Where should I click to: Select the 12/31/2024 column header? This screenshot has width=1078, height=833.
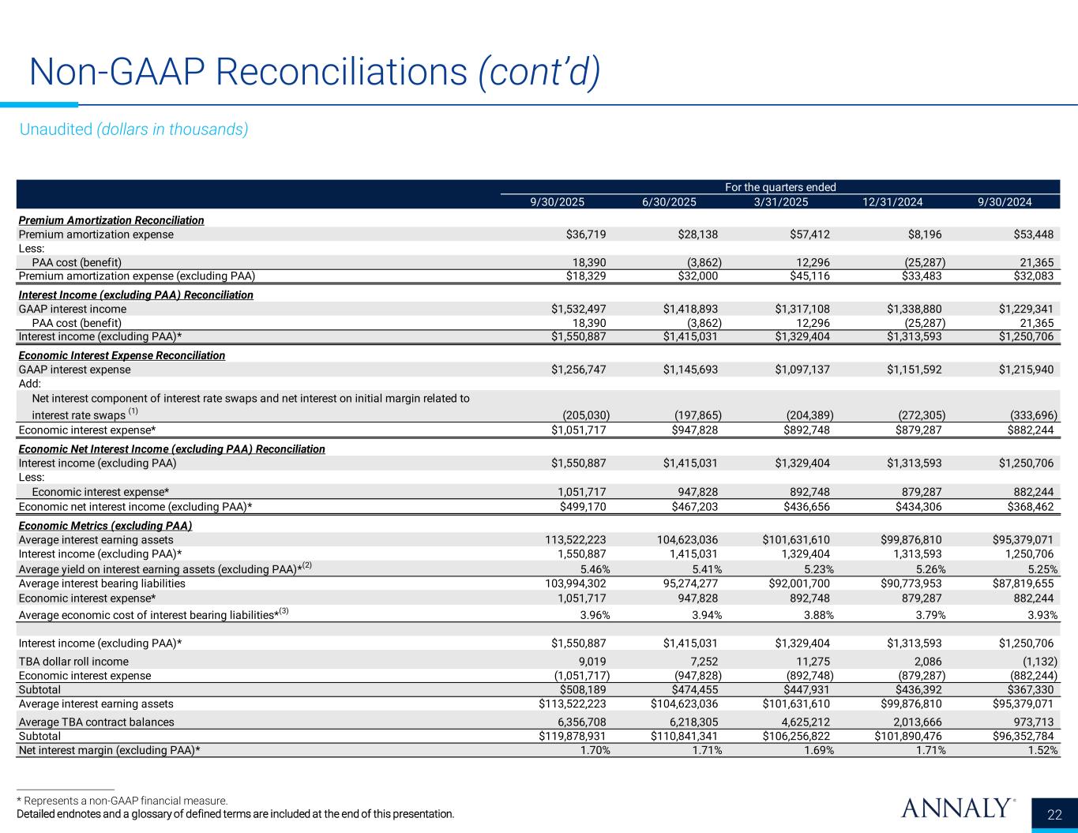point(892,202)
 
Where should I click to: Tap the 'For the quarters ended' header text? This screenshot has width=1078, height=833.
point(780,187)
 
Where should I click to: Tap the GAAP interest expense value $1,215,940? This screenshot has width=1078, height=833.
point(1025,370)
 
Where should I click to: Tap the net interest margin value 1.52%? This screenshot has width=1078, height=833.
point(1040,751)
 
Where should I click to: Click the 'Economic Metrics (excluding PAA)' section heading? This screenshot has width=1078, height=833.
point(105,526)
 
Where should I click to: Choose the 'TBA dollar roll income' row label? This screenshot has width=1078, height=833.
point(73,662)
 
